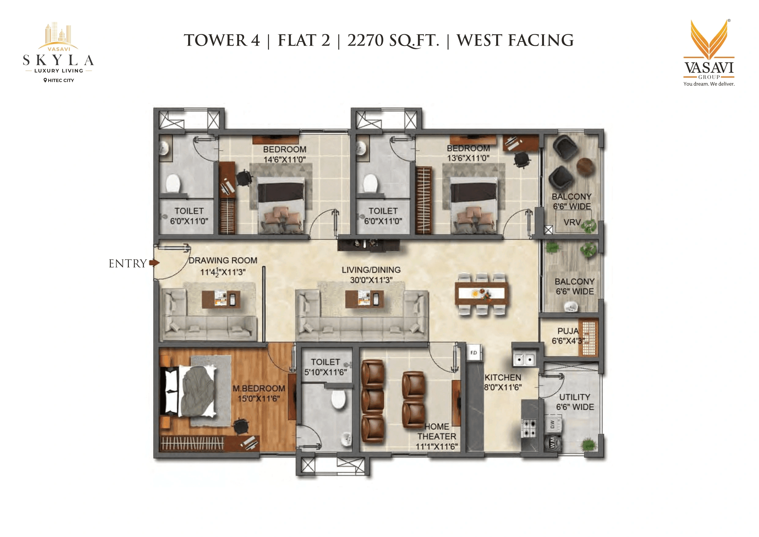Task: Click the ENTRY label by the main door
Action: coord(128,264)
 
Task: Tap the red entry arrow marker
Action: coord(154,263)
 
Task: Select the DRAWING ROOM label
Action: coord(222,261)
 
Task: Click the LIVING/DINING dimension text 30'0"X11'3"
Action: coord(371,280)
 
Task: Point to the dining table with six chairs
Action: coord(481,294)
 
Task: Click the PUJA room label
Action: coord(568,331)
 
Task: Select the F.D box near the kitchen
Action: coord(473,353)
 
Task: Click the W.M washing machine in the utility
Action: coord(553,443)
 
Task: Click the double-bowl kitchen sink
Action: coord(524,359)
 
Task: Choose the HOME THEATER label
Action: coord(437,432)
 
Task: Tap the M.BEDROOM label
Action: coord(259,389)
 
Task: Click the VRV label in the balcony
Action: coord(572,222)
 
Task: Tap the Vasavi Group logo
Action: coord(709,53)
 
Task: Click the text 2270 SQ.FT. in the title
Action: coord(393,41)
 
